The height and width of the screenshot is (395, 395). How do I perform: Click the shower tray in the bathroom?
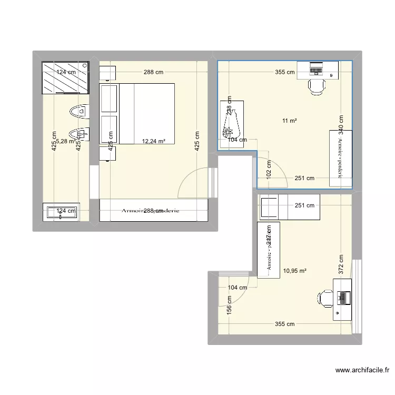[65, 77]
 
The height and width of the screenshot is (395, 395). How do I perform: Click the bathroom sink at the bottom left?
[61, 212]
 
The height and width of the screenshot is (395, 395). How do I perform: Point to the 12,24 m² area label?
[154, 141]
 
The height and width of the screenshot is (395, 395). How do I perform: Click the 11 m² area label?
[289, 121]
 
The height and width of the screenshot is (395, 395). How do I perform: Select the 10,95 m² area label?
[295, 271]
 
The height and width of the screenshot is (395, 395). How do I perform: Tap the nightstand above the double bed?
[108, 73]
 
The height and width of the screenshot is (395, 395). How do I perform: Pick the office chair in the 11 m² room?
[317, 85]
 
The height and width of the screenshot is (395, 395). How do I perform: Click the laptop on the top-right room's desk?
[317, 68]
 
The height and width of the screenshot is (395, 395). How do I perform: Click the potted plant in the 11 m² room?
[231, 125]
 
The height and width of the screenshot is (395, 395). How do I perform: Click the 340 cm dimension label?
[341, 125]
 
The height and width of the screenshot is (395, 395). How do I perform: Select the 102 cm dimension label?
[268, 170]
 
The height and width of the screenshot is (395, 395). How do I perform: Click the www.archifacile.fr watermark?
[361, 370]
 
